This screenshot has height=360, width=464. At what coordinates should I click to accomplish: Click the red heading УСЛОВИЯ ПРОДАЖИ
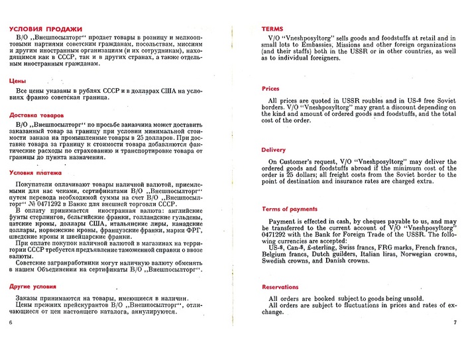46,29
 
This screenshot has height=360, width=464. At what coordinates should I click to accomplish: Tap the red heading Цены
18,80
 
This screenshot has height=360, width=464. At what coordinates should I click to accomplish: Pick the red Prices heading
270,88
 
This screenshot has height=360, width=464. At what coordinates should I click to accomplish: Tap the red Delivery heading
274,150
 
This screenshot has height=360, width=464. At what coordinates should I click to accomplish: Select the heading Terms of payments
290,209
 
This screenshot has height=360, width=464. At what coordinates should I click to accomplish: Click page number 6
11,323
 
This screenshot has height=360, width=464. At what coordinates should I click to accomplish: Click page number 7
455,323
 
